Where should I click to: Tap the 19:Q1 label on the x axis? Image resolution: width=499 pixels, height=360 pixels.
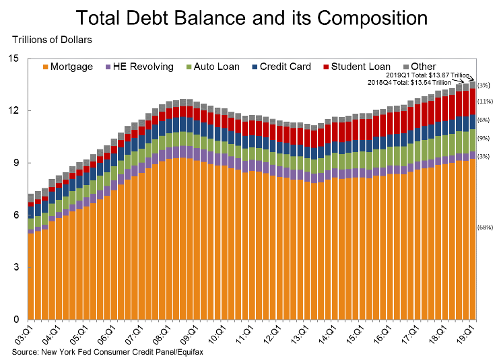point(463,334)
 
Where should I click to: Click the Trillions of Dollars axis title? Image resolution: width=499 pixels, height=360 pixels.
point(52,40)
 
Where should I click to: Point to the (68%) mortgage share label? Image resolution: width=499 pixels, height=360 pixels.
point(485,227)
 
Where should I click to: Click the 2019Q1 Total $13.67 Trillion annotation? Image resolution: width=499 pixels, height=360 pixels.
point(433,75)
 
